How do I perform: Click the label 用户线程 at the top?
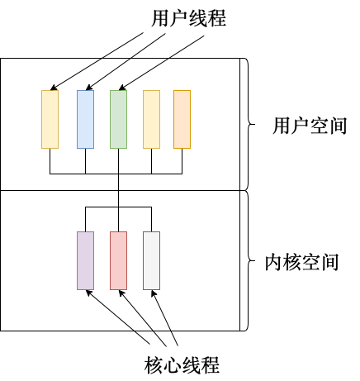189,18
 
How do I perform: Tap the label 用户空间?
310,126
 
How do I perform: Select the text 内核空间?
301,262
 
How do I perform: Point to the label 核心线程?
182,365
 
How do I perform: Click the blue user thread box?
85,119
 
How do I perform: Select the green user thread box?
118,119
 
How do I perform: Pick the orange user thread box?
182,119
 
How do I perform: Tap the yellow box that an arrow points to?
50,119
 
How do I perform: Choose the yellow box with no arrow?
151,119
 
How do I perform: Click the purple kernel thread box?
85,260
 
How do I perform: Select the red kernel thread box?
118,260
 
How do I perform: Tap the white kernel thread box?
151,260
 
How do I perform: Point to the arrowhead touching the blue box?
89,88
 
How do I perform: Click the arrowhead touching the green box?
122,88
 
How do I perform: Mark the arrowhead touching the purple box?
89,293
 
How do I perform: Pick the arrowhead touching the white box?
154,293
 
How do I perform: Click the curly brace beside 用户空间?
249,124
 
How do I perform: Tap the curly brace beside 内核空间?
249,260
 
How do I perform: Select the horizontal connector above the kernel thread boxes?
118,207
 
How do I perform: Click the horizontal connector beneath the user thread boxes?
116,174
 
